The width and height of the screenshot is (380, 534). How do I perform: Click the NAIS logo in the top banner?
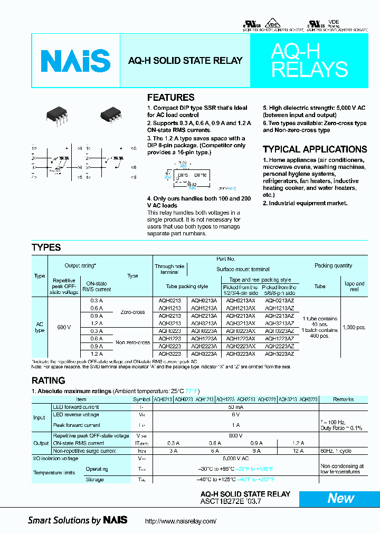pyautogui.click(x=76, y=61)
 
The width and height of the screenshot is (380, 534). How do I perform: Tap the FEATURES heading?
pyautogui.click(x=170, y=98)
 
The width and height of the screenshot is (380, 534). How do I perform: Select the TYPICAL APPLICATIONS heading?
pyautogui.click(x=315, y=149)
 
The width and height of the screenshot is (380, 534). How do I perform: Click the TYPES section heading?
pyautogui.click(x=46, y=247)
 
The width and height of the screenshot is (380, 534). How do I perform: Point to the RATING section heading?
pyautogui.click(x=48, y=380)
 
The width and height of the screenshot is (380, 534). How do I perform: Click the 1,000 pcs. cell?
pyautogui.click(x=353, y=327)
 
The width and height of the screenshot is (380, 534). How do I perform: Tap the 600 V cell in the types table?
pyautogui.click(x=63, y=328)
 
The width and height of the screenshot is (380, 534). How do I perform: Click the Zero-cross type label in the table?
pyautogui.click(x=132, y=312)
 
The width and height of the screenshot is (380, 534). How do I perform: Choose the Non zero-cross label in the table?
pyautogui.click(x=132, y=342)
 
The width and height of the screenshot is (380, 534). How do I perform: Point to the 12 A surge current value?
pyautogui.click(x=298, y=451)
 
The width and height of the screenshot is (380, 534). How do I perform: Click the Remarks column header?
pyautogui.click(x=344, y=399)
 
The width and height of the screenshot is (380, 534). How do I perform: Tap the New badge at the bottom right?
pyautogui.click(x=340, y=498)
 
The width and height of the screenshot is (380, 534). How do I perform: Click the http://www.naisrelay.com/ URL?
pyautogui.click(x=180, y=521)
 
